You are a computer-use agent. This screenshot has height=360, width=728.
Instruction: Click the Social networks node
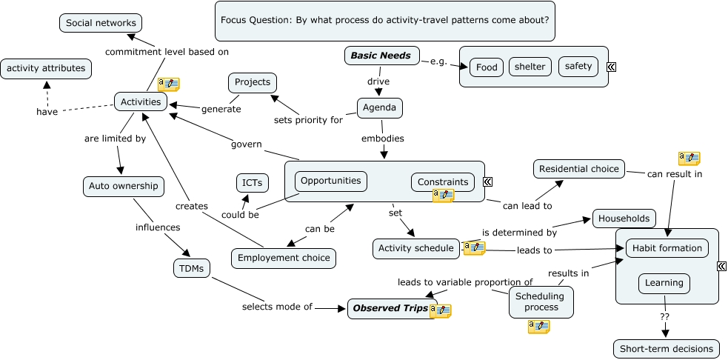[x=101, y=23]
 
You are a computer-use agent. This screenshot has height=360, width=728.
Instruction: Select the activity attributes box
[x=46, y=69]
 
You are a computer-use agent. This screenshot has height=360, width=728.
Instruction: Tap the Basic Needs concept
[x=381, y=56]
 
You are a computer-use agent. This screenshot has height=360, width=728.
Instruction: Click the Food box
[x=487, y=67]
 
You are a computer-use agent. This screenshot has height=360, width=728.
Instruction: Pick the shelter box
[x=530, y=67]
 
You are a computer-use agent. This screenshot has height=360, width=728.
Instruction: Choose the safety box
[x=578, y=67]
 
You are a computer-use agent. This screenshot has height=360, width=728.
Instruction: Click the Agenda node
[x=380, y=108]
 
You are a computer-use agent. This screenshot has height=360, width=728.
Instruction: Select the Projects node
[x=253, y=82]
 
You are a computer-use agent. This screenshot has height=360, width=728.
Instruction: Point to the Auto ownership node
[x=124, y=186]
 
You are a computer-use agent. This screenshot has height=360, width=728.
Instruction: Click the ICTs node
[x=252, y=182]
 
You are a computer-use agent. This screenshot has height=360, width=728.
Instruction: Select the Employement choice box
[x=284, y=258]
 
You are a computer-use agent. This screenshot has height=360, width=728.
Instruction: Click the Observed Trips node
[x=390, y=309]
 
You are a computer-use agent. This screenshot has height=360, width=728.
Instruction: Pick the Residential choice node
[x=578, y=169]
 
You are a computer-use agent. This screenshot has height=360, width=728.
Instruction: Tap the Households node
[x=624, y=219]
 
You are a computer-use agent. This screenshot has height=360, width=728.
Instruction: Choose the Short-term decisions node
[x=666, y=349]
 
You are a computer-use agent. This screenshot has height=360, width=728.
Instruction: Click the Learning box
[x=664, y=283]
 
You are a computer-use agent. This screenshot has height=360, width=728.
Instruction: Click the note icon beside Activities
[x=169, y=84]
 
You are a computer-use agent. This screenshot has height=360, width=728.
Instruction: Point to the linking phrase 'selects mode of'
[x=277, y=307]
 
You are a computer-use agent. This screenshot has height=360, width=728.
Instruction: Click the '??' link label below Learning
[x=664, y=316]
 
